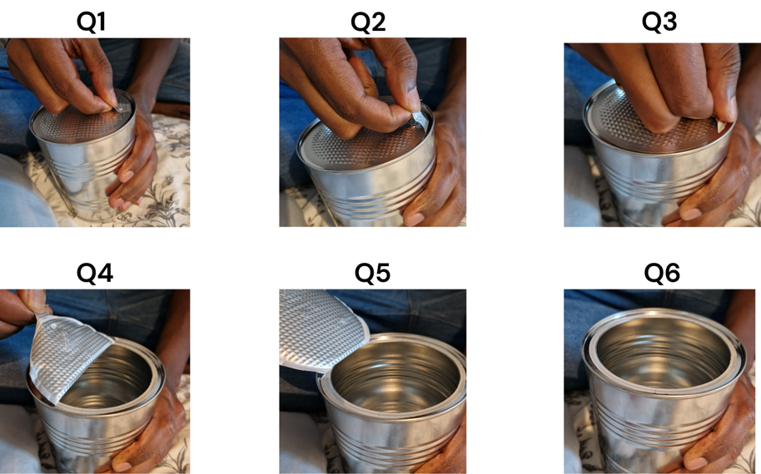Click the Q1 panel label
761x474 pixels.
(x=91, y=22)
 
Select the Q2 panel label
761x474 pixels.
(x=368, y=22)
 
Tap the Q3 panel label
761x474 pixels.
(x=659, y=22)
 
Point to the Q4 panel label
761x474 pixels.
(x=95, y=273)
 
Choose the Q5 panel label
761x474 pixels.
(x=372, y=273)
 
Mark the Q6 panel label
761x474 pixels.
(x=662, y=273)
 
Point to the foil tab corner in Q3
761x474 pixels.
(x=721, y=126)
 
